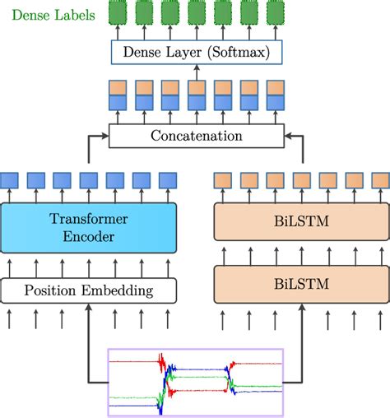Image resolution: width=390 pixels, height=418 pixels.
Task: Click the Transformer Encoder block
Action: (88, 228)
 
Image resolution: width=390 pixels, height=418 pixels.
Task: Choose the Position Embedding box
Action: (88, 290)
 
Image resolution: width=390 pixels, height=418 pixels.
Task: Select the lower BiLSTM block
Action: (301, 284)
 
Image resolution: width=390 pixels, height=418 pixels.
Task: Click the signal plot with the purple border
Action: (196, 382)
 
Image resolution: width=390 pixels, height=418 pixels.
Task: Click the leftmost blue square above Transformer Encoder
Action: (10, 179)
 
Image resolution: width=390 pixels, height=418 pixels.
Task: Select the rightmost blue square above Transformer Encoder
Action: (168, 179)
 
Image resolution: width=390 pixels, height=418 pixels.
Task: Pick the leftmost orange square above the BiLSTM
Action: (222, 179)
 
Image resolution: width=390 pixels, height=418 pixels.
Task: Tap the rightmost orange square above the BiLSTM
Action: (379, 179)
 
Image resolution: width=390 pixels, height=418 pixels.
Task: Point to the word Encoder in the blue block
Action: (88, 236)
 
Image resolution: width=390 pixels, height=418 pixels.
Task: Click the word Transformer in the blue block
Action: (88, 220)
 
